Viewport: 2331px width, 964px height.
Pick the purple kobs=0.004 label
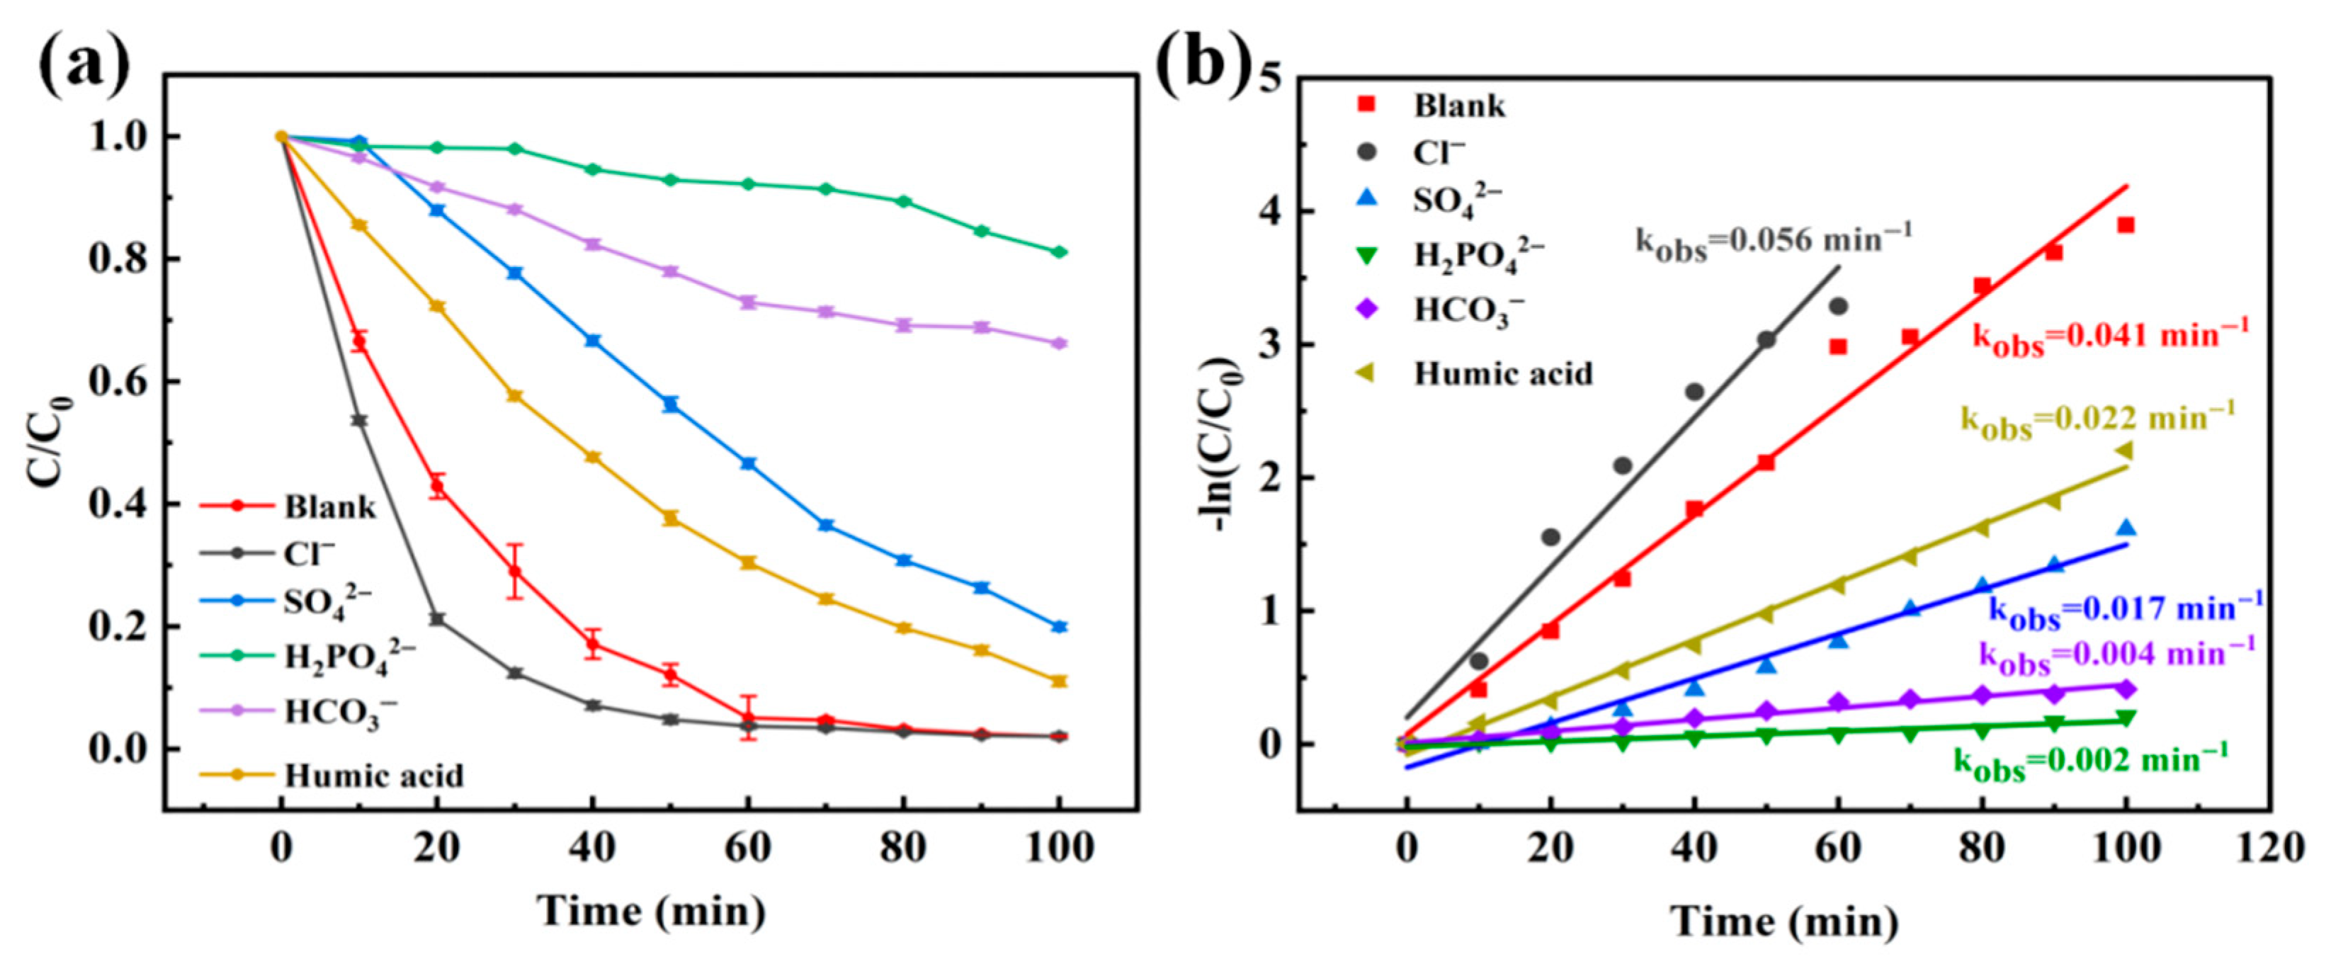[x=2116, y=655]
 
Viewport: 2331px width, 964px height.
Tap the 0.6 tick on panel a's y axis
[x=117, y=382]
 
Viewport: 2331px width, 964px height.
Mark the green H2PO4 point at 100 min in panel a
[x=1059, y=251]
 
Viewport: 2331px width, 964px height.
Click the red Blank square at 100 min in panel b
[x=2126, y=225]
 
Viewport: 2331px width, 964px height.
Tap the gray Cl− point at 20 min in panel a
[x=437, y=619]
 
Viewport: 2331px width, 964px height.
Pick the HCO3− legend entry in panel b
[x=1468, y=310]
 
